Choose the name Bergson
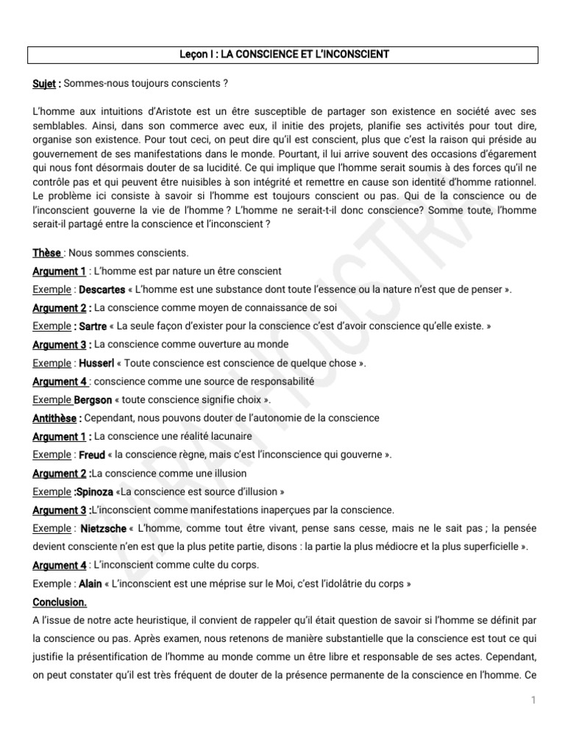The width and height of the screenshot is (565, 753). coord(93,400)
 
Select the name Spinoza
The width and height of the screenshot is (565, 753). coord(94,492)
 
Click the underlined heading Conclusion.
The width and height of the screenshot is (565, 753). coord(60,602)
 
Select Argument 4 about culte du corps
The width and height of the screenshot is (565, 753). coord(60,565)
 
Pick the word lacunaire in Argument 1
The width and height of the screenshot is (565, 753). coord(228,437)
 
